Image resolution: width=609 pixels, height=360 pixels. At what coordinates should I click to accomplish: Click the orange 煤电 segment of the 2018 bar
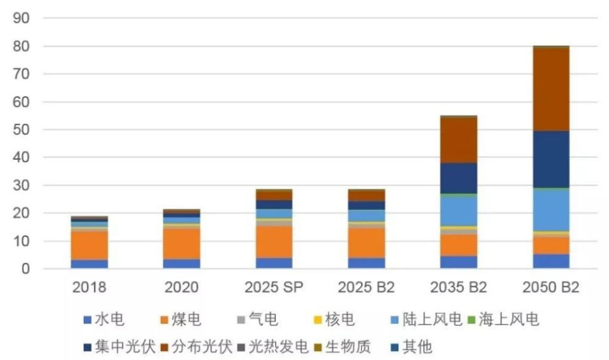click(89, 245)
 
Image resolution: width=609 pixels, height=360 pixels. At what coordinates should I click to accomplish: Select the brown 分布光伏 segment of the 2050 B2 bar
click(551, 89)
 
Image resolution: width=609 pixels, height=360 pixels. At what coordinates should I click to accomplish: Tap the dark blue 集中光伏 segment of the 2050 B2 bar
click(551, 160)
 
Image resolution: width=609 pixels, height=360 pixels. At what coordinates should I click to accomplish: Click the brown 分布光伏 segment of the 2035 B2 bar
click(458, 140)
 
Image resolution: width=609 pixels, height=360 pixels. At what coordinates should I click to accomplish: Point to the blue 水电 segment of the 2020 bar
click(181, 264)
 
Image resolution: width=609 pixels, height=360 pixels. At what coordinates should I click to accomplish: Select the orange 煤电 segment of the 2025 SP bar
click(274, 242)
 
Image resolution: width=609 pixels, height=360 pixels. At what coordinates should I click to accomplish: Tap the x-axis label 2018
click(89, 287)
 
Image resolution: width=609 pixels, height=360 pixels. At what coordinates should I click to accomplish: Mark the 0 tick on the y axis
click(26, 269)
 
